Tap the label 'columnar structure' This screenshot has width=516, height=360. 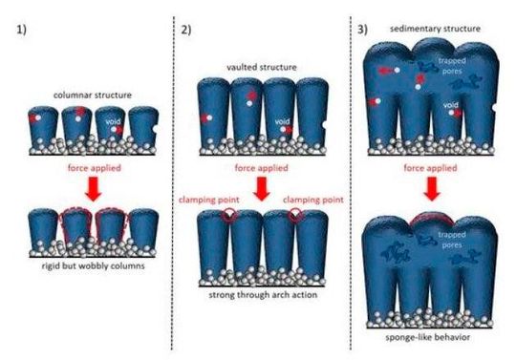click(x=89, y=95)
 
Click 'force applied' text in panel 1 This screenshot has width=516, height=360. click(x=89, y=170)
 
